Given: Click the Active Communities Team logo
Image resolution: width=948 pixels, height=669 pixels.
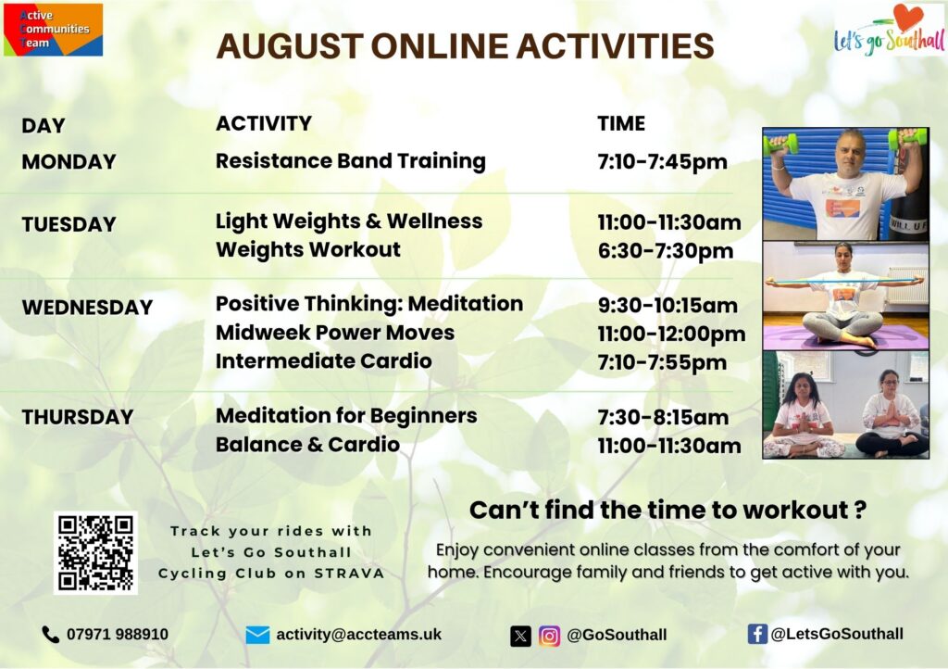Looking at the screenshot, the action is pos(53,30).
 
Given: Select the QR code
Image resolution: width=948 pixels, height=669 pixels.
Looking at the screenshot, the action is pos(95,552).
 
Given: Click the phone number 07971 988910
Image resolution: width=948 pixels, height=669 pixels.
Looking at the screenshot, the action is pos(118,634).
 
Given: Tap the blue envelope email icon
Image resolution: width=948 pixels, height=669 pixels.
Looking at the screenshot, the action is pos(257,635).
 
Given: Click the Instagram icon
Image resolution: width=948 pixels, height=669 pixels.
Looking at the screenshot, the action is pos(549,637).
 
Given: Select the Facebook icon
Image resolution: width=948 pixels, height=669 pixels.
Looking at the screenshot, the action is pos(757,634).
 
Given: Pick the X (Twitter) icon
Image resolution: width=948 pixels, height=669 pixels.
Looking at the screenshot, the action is pos(520,637).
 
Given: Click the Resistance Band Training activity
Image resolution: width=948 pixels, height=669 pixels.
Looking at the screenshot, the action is pos(351,161).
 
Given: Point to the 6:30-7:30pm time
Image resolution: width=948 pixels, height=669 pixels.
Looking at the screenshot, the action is pos(666,250).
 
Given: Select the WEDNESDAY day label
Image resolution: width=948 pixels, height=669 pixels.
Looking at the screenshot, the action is pos(87,308).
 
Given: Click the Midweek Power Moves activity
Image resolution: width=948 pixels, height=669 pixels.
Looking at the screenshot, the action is pos(335,332).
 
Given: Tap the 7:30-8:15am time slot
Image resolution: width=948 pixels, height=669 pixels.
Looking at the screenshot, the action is pos(663,417).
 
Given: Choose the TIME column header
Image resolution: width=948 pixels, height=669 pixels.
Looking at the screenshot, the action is pos(621,123).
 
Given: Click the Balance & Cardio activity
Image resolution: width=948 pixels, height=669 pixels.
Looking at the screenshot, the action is pos(307,445).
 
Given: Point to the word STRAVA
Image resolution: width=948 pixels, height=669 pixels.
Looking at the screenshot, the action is pos(349,574).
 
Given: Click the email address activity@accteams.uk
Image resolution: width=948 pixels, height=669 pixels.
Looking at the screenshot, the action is pos(359,635).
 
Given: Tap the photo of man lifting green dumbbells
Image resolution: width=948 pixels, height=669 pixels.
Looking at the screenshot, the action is pos(845,183).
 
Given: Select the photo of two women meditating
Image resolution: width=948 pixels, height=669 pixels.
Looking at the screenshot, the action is pos(845,404).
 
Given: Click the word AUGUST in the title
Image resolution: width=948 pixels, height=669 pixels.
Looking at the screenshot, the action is pos(290,46).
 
